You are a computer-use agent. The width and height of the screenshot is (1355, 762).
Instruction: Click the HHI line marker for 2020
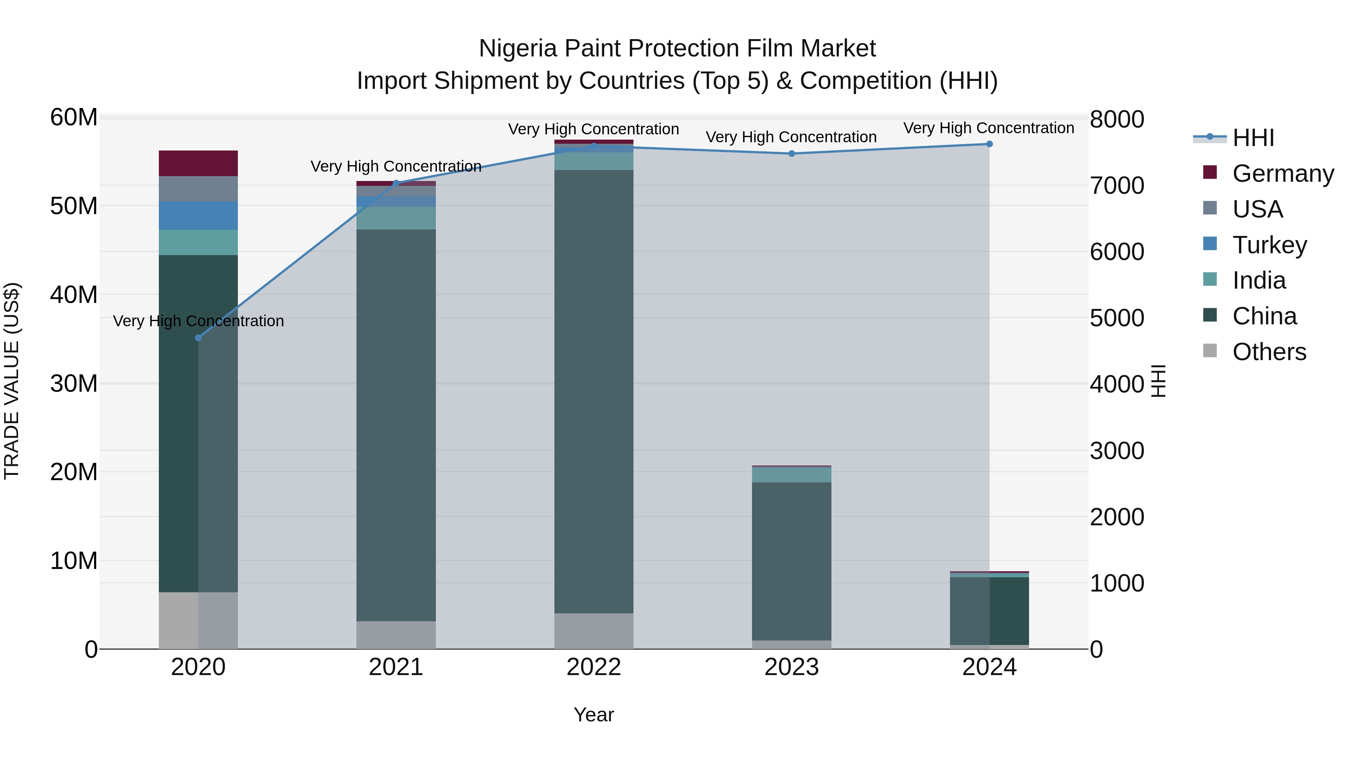(198, 338)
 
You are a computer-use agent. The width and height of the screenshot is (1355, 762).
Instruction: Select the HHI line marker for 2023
(792, 154)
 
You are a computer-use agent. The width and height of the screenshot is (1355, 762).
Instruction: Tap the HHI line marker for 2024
(990, 144)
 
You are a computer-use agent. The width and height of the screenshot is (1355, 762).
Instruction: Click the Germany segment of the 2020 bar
(198, 163)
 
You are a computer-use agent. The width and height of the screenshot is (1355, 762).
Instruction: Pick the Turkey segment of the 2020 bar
(198, 216)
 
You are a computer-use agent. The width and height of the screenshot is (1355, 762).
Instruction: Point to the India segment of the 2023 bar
(792, 475)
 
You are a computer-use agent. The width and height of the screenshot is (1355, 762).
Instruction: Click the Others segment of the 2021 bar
(396, 635)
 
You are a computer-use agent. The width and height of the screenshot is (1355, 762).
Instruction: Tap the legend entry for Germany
(1282, 173)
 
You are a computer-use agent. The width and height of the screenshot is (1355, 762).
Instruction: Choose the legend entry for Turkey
(1269, 245)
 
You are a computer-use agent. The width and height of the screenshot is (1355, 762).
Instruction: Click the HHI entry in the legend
(1253, 138)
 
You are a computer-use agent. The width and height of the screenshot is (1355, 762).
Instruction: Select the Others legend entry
(1269, 352)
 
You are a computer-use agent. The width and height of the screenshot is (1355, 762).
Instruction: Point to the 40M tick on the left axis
(74, 295)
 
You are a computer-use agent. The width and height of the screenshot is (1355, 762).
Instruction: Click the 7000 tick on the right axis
(1117, 186)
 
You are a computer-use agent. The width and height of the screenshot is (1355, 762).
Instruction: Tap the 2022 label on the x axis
(594, 667)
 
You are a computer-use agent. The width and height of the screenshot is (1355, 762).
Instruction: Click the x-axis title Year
(594, 715)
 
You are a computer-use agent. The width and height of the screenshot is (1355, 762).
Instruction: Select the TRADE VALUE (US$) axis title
(12, 381)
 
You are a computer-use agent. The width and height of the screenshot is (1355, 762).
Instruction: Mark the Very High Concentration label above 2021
(396, 166)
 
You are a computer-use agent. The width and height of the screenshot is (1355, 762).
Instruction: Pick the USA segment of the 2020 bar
(198, 189)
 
